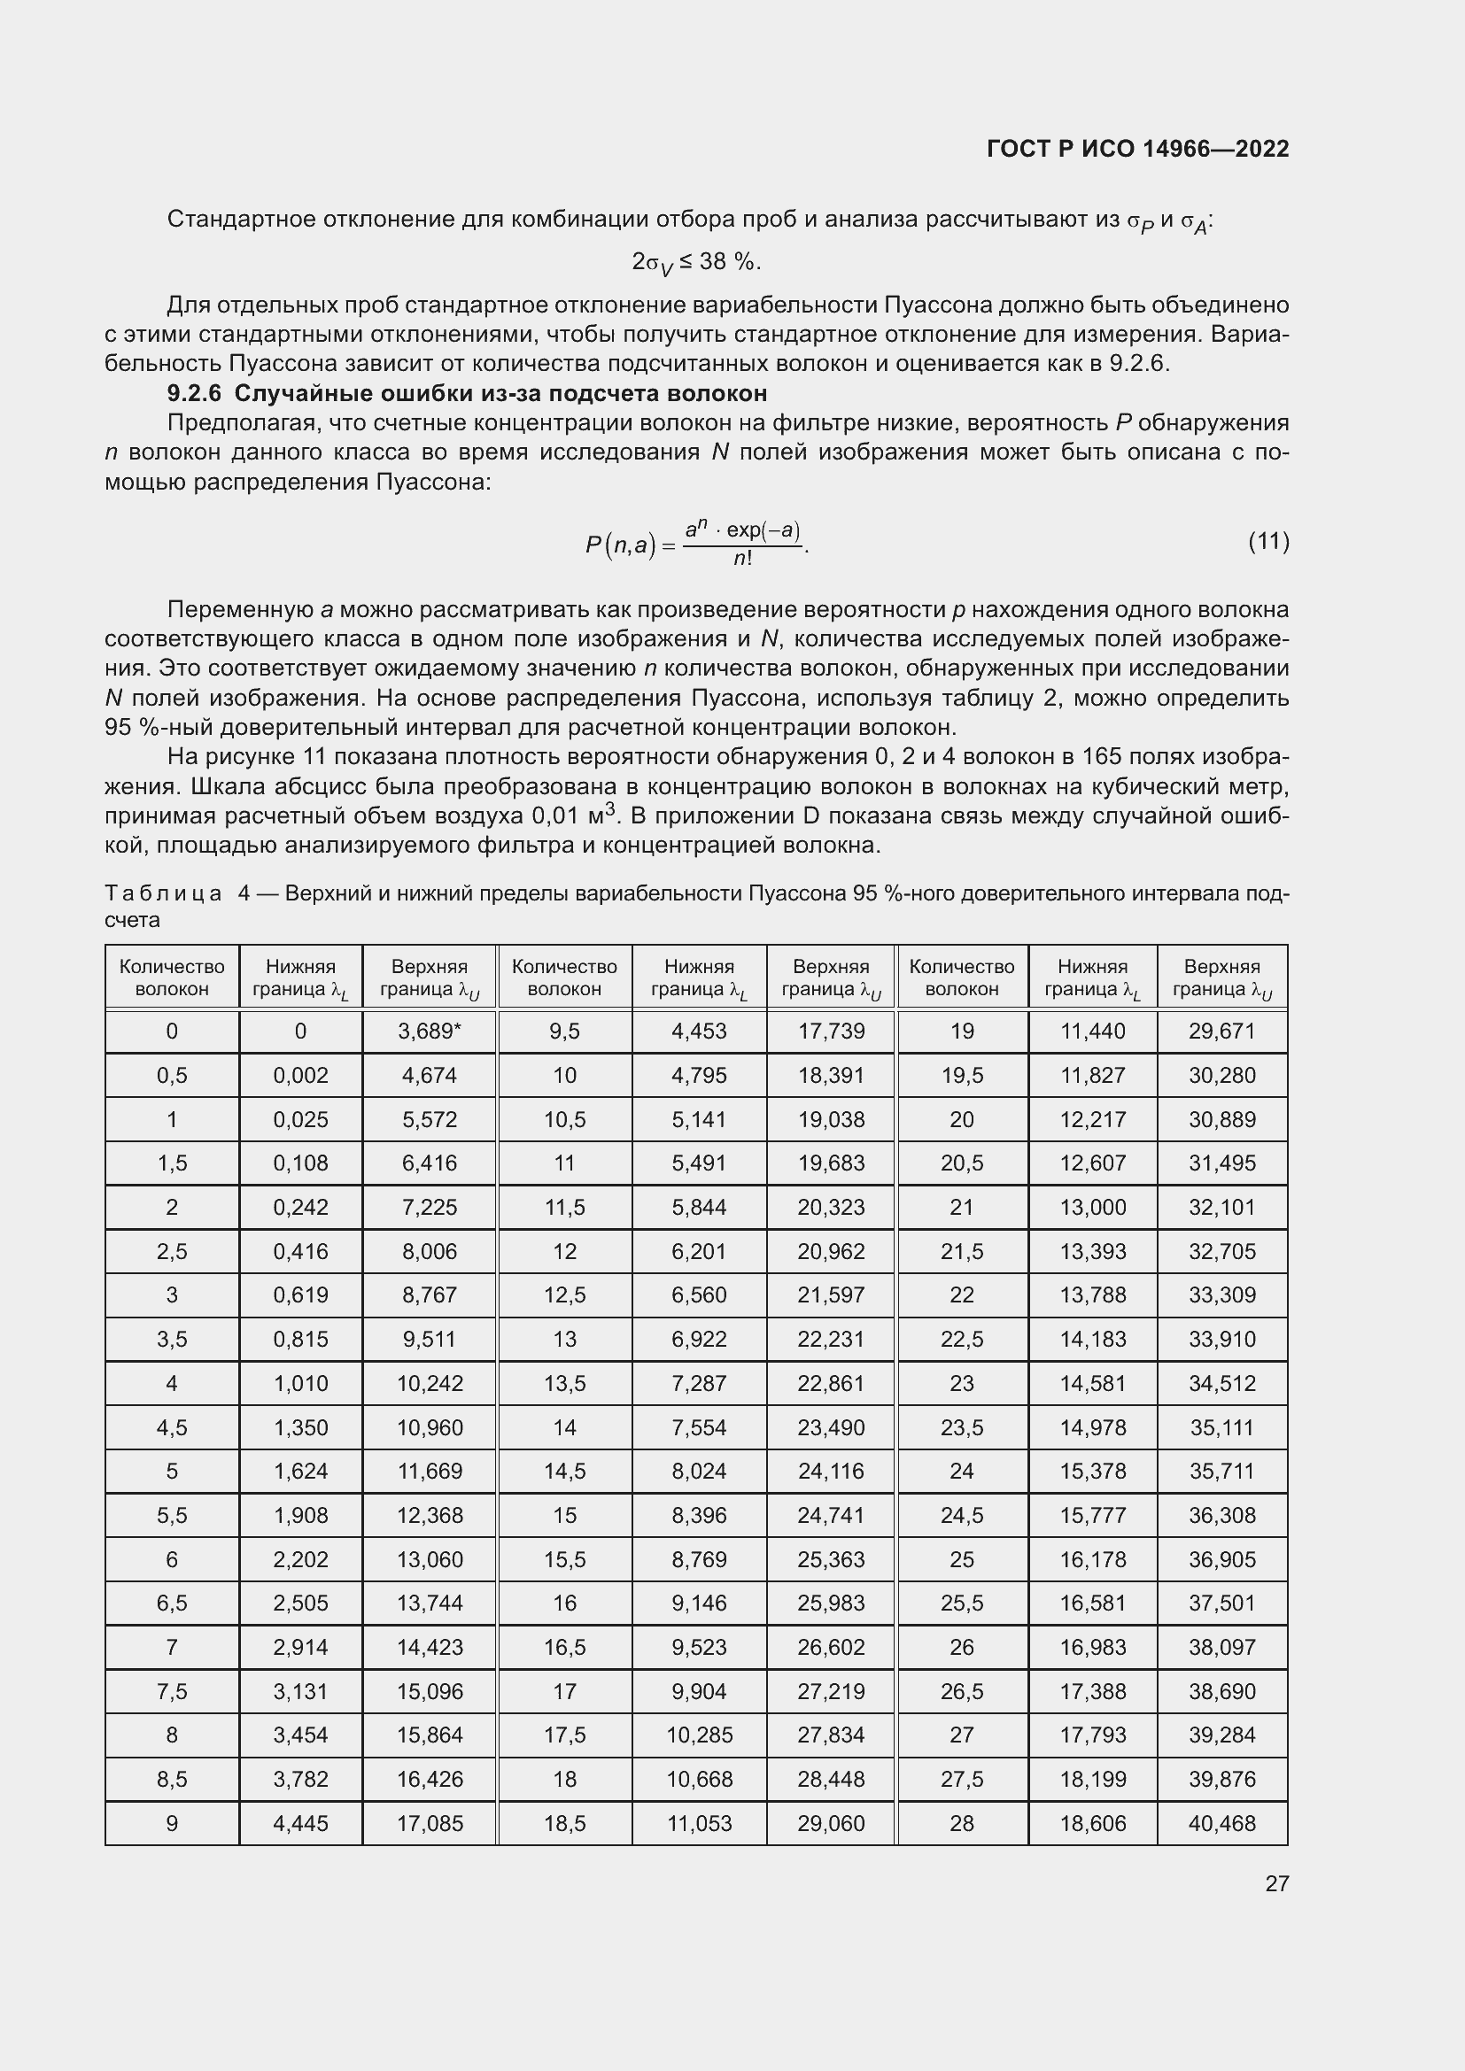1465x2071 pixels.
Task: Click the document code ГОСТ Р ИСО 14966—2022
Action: (x=1137, y=149)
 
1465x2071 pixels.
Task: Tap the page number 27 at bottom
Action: (x=1276, y=1883)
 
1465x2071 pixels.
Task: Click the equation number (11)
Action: (x=1268, y=541)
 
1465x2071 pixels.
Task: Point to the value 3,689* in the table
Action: (x=430, y=1031)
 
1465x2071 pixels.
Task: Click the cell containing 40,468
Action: (x=1221, y=1823)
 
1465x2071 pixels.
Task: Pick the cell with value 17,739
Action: (x=831, y=1031)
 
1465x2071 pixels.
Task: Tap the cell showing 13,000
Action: (x=1092, y=1207)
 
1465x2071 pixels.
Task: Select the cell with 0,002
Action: (x=300, y=1075)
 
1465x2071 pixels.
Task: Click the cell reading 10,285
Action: (x=699, y=1735)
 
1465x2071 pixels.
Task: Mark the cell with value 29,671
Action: (x=1221, y=1031)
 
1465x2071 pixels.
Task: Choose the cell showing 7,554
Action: (x=699, y=1427)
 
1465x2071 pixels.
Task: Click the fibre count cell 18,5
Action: (x=565, y=1823)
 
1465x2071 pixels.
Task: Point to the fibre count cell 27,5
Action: (x=962, y=1779)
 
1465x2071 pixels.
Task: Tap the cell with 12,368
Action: (x=430, y=1515)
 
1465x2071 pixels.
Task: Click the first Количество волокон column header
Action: (x=172, y=978)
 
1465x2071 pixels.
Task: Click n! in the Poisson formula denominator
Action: (x=741, y=560)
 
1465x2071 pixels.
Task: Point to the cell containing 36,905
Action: (x=1221, y=1558)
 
